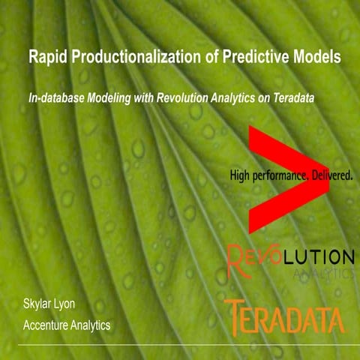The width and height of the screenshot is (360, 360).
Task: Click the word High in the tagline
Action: pyautogui.click(x=243, y=175)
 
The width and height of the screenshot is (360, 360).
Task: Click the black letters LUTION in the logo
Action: pyautogui.click(x=316, y=256)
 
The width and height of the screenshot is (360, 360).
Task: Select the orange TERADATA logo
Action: pyautogui.click(x=285, y=318)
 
